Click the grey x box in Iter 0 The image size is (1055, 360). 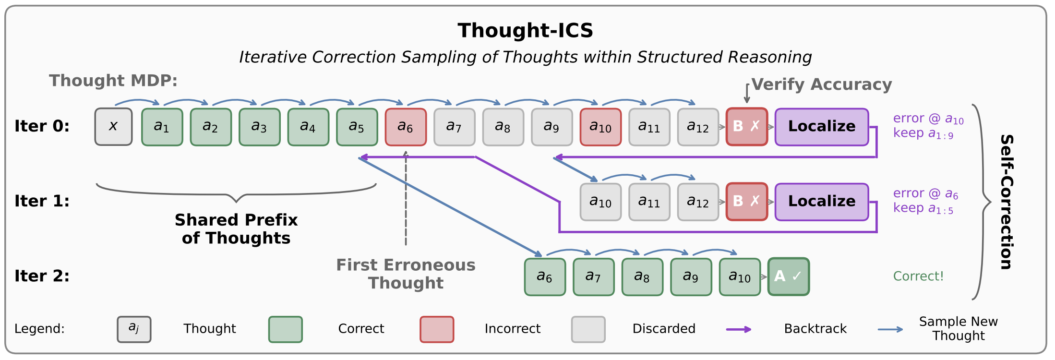(113, 127)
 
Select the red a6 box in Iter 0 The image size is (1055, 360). (406, 127)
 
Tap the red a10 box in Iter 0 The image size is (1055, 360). (600, 127)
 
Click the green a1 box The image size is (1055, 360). (162, 127)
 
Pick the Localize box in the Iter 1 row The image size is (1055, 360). (821, 202)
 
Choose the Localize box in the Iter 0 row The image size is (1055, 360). (821, 127)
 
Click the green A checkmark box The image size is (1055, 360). (788, 276)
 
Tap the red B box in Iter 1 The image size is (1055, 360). (746, 202)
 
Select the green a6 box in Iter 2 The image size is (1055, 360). (545, 276)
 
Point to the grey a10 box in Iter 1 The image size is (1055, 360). (600, 202)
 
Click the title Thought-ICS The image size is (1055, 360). (525, 31)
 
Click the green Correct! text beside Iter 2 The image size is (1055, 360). (918, 276)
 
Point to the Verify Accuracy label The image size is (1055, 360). (821, 84)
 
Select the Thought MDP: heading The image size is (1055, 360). (113, 81)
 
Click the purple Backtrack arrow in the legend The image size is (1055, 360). (738, 329)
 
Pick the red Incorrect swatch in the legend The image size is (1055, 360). (436, 329)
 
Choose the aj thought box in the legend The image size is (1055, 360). (134, 329)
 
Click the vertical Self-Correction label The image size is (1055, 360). (1006, 202)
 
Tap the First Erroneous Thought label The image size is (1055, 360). (406, 274)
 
